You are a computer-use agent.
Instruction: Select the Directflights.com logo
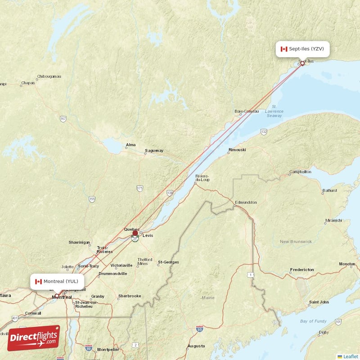click(34, 338)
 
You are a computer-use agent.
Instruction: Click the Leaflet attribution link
click(350, 356)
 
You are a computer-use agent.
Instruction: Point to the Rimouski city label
click(237, 149)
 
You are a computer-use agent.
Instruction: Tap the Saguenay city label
click(154, 150)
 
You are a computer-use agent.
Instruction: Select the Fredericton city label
click(302, 270)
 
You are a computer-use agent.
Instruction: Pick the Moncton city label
click(347, 264)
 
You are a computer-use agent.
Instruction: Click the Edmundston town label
click(245, 202)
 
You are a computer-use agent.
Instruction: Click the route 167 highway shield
click(63, 118)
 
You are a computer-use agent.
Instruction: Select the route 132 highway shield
click(264, 131)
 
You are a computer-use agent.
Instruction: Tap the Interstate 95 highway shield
click(199, 329)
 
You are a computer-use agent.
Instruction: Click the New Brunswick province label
click(296, 242)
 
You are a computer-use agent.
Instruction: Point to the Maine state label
click(208, 297)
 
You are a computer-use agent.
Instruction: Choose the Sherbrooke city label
click(129, 296)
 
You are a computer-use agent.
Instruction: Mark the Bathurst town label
click(329, 190)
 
